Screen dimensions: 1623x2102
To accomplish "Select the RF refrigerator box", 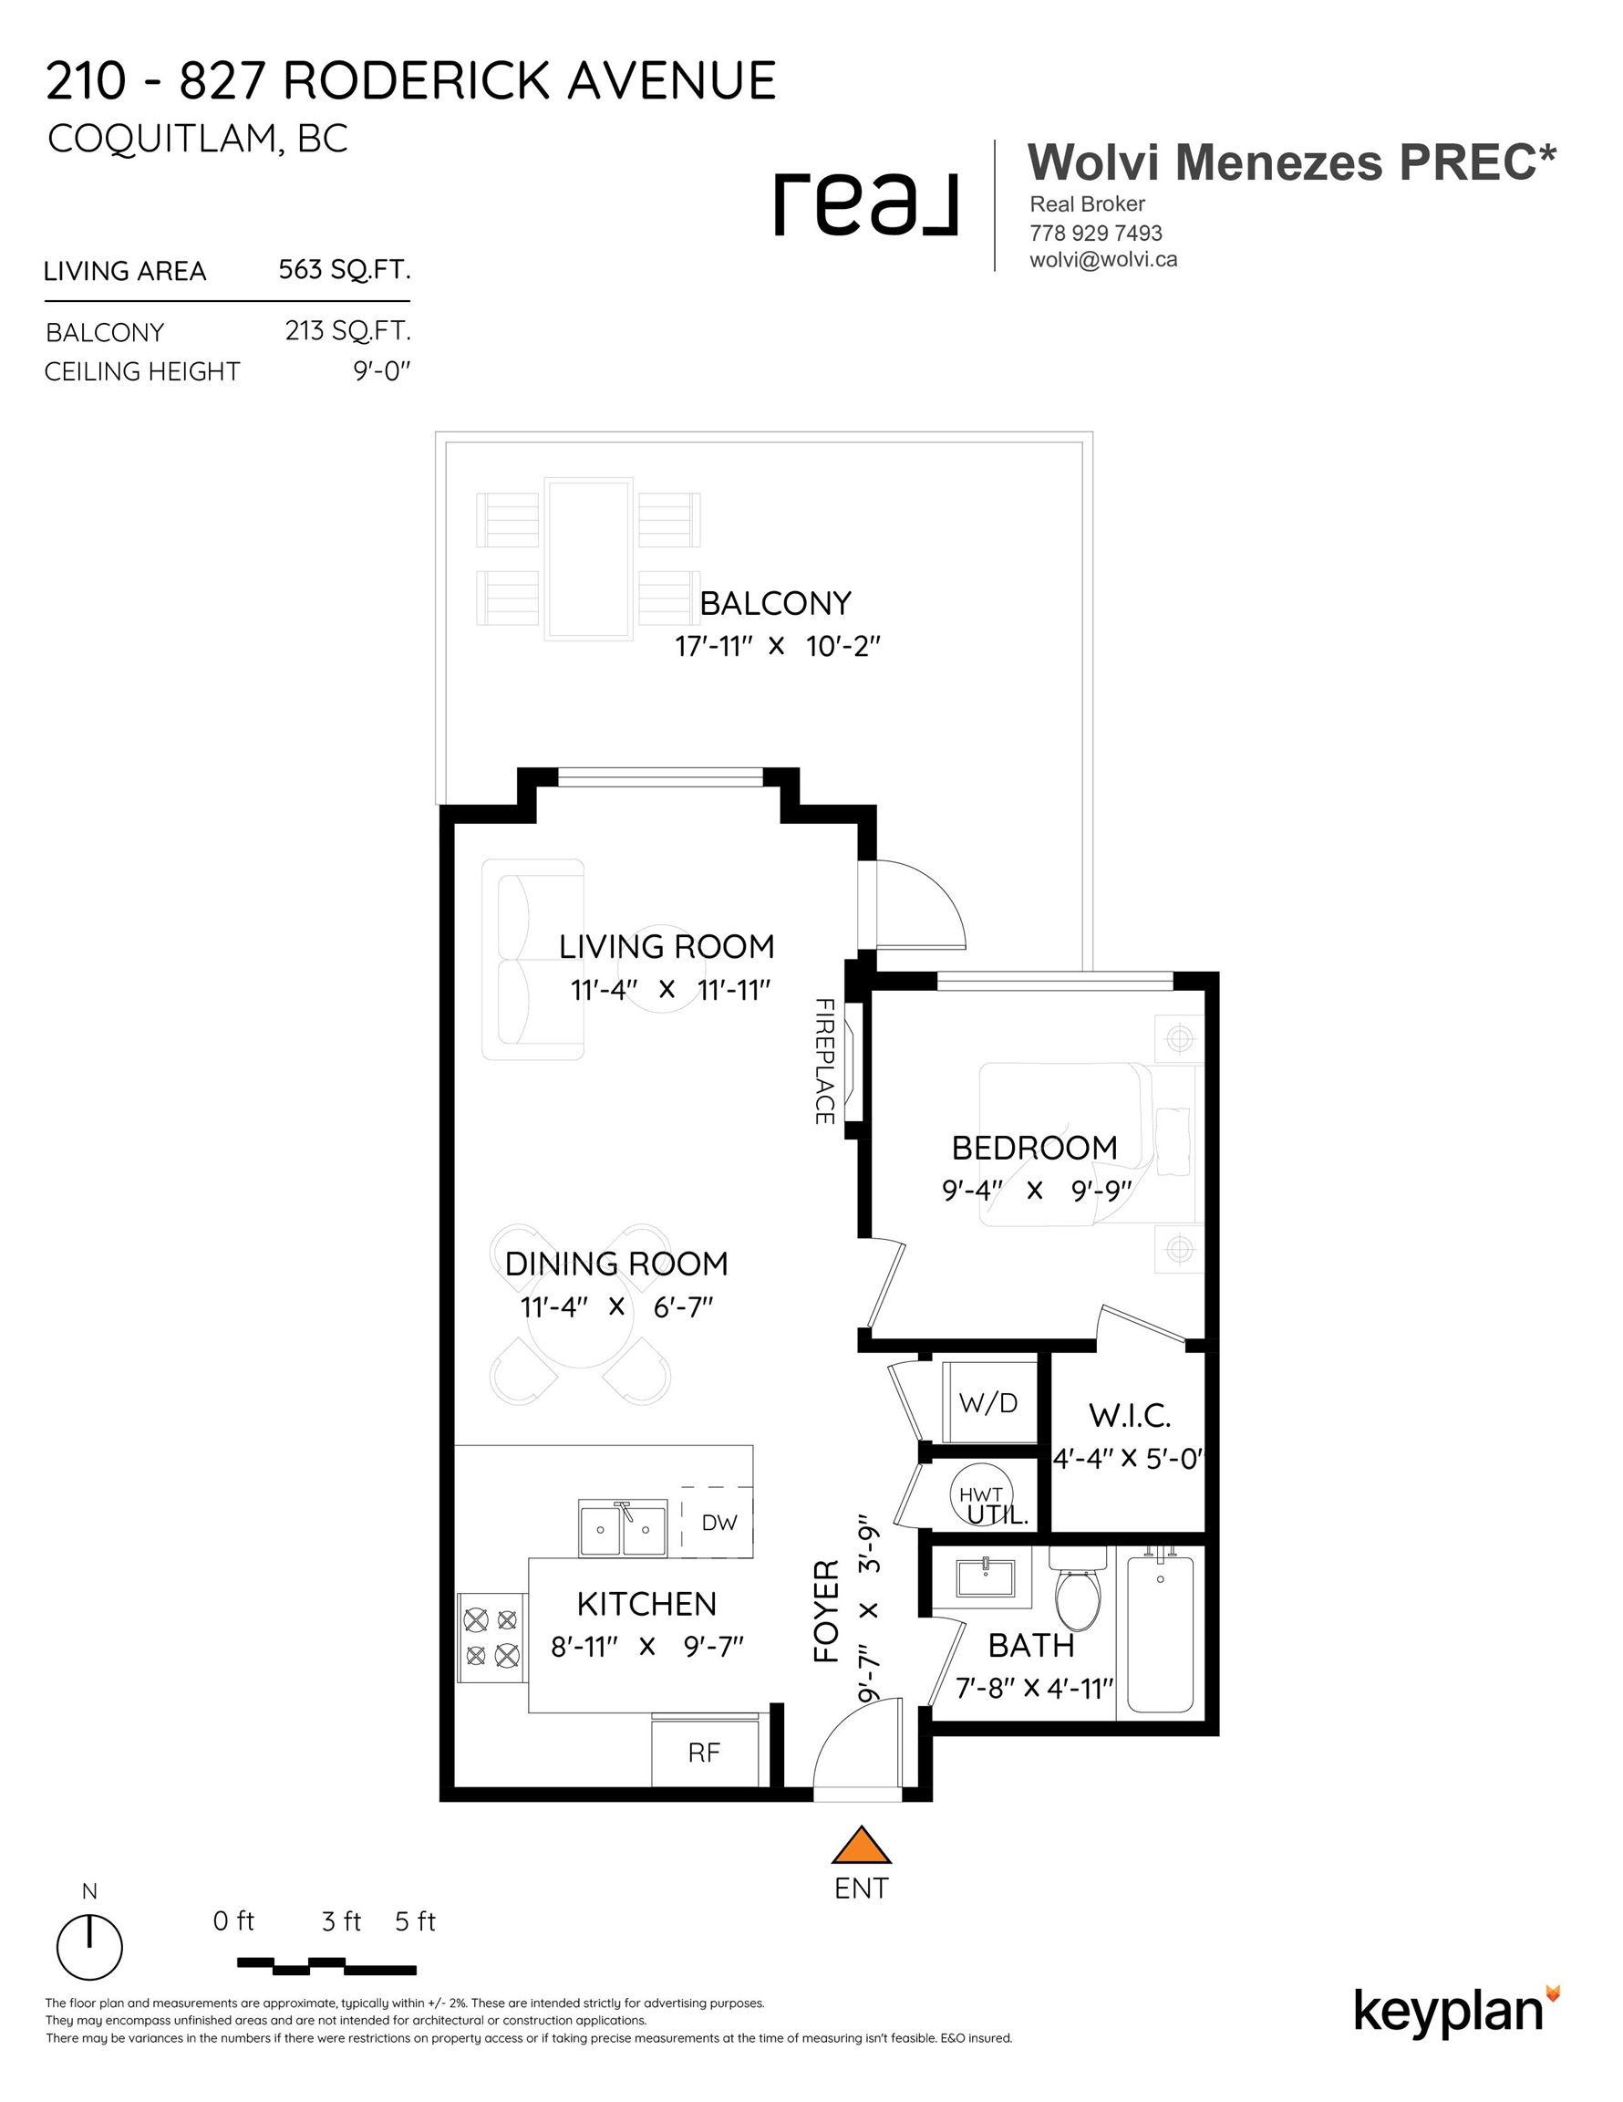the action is tap(704, 1752).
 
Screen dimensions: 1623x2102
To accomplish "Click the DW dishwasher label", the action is tap(718, 1522).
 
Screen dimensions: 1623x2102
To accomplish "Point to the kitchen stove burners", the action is tap(491, 1637).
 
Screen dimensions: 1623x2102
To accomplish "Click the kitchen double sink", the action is tap(623, 1527).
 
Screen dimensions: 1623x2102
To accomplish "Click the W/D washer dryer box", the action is tap(988, 1401).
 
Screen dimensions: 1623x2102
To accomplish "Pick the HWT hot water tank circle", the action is tap(981, 1493).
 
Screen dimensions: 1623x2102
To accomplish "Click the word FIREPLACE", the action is tap(824, 1062).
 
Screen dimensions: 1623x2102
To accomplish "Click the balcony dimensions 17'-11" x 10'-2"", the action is tap(778, 646).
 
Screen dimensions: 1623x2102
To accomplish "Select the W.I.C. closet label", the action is tap(1130, 1416).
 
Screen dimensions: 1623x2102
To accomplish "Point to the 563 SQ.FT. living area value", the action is tap(345, 269).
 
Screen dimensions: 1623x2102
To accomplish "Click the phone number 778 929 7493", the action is tap(1096, 233).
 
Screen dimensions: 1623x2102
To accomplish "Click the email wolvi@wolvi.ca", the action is tap(1103, 260).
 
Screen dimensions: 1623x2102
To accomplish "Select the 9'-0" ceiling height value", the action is tap(382, 370).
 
